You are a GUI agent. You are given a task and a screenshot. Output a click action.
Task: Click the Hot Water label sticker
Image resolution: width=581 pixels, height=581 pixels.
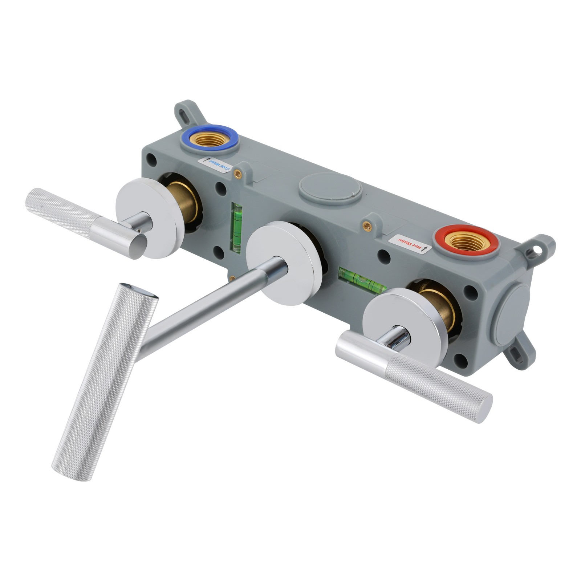pyautogui.click(x=409, y=244)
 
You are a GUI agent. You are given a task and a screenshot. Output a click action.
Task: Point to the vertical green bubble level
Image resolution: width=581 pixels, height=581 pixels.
pyautogui.click(x=236, y=228)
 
